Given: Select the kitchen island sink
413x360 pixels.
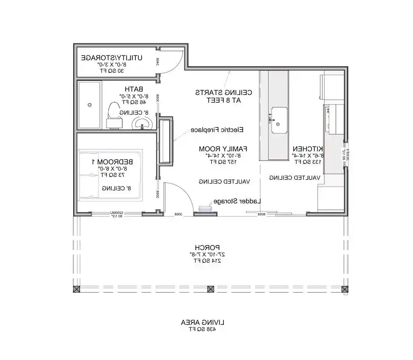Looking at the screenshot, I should [279, 120].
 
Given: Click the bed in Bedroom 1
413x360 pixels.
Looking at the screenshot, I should [110, 174].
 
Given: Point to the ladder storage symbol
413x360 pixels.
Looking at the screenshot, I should [204, 208].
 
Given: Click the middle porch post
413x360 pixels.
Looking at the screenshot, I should [210, 289].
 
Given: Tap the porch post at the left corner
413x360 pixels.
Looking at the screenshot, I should [76, 289].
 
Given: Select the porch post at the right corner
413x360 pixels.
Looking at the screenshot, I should [344, 289].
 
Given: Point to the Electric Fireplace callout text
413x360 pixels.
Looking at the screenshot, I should [217, 130].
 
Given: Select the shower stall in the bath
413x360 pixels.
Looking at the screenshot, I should [90, 105].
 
